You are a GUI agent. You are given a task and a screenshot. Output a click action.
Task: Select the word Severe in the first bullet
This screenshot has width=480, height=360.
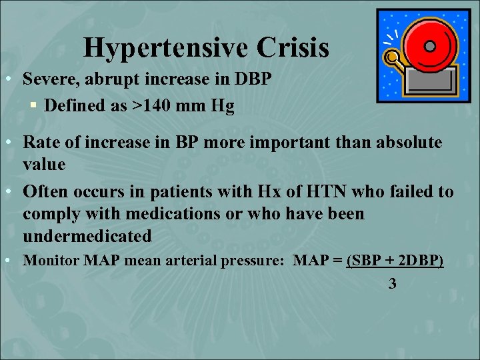pos(49,79)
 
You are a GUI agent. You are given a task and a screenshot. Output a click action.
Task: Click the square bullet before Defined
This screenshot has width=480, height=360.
pos(33,105)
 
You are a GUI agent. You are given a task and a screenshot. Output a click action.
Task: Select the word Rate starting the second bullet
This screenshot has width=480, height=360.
pos(40,142)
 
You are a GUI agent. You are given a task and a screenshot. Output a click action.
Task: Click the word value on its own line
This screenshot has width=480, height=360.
pos(44,164)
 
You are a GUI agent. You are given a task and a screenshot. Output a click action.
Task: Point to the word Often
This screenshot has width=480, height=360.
pos(45,192)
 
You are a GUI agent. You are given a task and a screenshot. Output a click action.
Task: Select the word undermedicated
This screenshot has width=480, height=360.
pos(87,237)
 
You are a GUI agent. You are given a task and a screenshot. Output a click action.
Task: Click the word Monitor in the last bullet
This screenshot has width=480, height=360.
pos(51,261)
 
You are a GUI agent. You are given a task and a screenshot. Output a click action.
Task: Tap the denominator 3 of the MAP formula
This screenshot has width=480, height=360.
pos(392,284)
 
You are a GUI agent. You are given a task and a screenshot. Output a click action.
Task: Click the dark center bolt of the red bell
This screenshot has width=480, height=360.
pos(430,46)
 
